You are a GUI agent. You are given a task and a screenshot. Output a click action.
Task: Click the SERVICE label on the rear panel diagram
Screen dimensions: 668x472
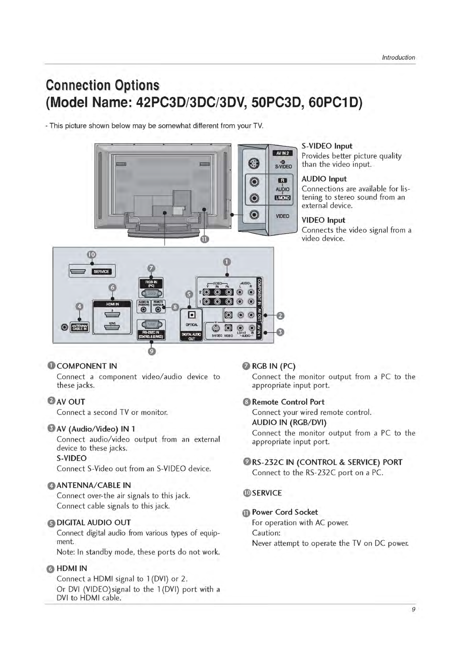(101, 272)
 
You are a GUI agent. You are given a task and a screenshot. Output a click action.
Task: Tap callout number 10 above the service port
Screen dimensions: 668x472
(92, 255)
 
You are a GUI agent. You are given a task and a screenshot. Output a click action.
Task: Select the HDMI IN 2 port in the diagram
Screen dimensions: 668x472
(112, 315)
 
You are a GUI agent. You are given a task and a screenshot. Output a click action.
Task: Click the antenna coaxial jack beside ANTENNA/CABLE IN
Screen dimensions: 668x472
(65, 327)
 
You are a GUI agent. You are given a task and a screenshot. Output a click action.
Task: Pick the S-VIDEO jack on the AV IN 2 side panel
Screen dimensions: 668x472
(254, 164)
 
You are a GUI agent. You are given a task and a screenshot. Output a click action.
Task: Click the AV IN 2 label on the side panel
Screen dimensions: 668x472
(282, 153)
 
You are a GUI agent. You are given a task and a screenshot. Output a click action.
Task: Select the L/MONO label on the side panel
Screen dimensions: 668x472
(282, 198)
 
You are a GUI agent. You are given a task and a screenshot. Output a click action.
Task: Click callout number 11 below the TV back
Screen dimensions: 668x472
(204, 239)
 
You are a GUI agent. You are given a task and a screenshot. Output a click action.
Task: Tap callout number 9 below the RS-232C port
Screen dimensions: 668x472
(151, 351)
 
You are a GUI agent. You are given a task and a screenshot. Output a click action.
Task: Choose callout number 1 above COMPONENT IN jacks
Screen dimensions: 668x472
(226, 262)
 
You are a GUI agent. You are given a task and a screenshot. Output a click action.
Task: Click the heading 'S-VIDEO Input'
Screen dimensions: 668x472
(327, 146)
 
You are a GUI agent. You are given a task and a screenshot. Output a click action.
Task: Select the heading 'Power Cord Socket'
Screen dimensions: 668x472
(285, 512)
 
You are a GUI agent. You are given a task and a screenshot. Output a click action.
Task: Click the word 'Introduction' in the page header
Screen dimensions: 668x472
(398, 58)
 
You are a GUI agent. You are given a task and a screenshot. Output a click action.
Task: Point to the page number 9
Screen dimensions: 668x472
(413, 610)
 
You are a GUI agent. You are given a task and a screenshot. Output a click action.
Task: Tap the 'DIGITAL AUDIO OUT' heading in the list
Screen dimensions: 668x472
(94, 522)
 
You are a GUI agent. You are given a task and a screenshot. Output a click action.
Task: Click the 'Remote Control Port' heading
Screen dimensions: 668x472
(288, 402)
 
